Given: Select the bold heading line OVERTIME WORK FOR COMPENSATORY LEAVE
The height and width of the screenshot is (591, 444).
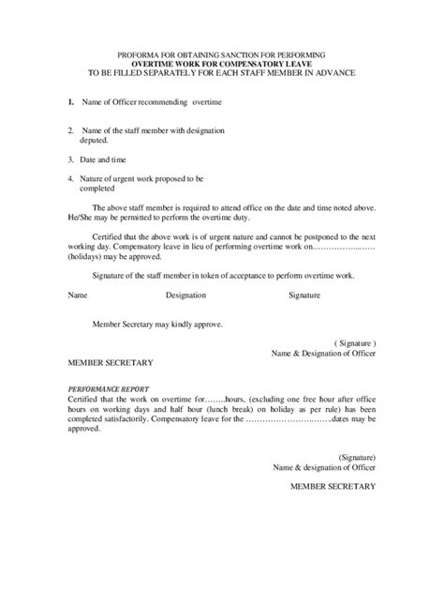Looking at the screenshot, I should click(x=223, y=67).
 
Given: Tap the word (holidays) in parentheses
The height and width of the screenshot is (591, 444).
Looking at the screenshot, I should click(x=92, y=254).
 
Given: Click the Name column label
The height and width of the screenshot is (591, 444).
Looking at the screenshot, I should click(x=79, y=295).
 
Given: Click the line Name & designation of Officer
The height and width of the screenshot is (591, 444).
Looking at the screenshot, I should click(x=324, y=467).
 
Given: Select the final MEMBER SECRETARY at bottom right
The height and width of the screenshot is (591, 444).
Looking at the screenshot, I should click(x=333, y=486).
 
